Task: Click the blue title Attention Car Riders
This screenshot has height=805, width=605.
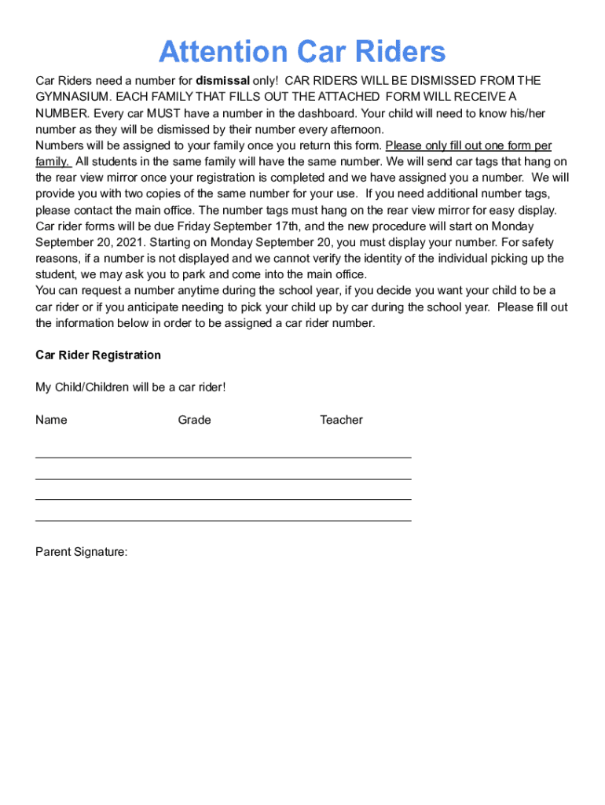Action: click(x=302, y=53)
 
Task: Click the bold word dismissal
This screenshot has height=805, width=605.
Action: click(x=222, y=80)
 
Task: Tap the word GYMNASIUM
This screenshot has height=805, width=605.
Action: click(x=69, y=97)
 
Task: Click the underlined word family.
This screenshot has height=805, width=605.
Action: click(x=53, y=162)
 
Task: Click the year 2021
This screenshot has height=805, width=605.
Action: click(x=129, y=242)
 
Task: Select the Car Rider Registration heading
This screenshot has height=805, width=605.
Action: click(x=98, y=355)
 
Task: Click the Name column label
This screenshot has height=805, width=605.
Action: click(x=51, y=420)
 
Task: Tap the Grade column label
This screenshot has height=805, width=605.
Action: click(x=194, y=420)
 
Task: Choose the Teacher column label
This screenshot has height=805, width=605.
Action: click(x=341, y=420)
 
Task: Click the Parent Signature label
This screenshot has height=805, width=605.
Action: click(x=81, y=552)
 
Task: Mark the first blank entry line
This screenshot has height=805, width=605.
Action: click(x=223, y=457)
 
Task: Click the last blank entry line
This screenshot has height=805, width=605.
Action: click(x=223, y=520)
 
